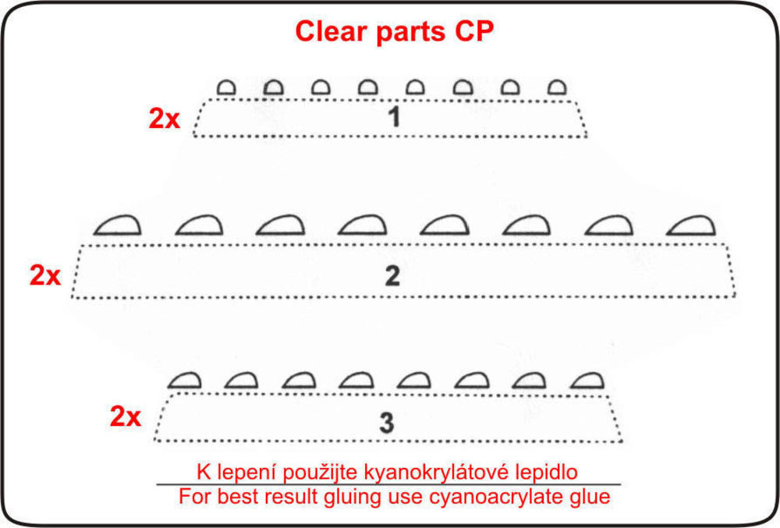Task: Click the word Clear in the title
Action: pos(332,31)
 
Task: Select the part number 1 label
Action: pos(394,117)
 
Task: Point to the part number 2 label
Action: pos(392,276)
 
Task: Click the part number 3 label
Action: pos(387,423)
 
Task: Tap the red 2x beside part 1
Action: pos(164,119)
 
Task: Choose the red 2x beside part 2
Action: pos(45,275)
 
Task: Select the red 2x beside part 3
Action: pos(126,416)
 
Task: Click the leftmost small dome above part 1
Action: pos(226,87)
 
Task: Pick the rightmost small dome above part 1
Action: pos(557,87)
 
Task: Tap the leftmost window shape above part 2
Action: pos(118,225)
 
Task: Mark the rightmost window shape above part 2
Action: pos(691,225)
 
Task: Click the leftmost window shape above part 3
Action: pos(185,381)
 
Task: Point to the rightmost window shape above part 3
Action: pos(587,381)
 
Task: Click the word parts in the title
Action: pos(410,32)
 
